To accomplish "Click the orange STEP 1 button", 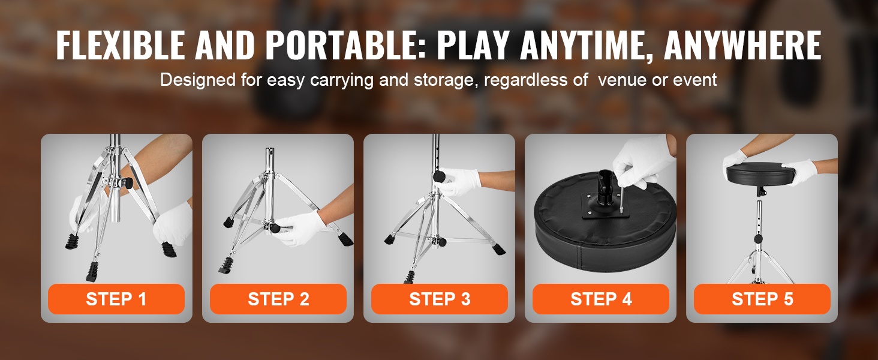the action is tap(116, 299).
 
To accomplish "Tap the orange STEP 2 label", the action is tap(278, 299).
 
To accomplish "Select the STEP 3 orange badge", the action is tap(440, 299).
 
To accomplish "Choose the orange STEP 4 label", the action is tap(601, 299).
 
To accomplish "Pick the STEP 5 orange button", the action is tap(762, 299).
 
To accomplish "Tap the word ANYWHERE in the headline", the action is tap(743, 45).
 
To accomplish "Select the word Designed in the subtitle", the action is tap(197, 80).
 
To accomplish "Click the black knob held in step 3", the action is tap(439, 175).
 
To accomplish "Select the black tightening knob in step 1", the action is tap(127, 182).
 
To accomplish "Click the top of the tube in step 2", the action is tap(270, 150).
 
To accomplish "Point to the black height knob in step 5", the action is tap(758, 239).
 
